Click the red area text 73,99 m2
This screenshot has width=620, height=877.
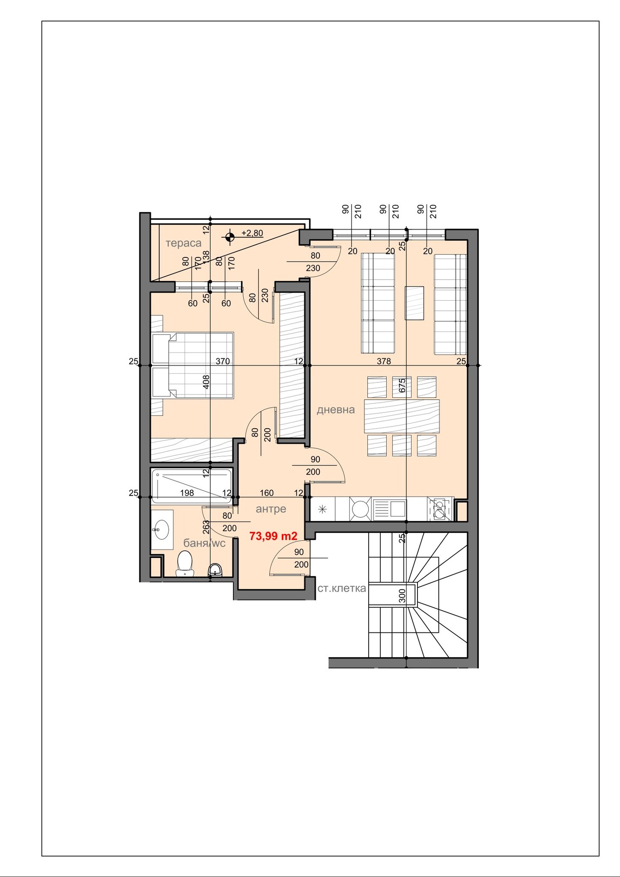(x=273, y=536)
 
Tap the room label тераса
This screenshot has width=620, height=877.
(x=183, y=243)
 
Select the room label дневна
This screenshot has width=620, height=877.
(x=336, y=410)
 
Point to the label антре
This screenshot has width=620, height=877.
(x=271, y=509)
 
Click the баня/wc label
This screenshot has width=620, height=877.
(x=204, y=543)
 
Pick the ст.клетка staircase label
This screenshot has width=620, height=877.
(x=342, y=588)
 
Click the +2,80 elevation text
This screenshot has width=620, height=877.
(x=252, y=233)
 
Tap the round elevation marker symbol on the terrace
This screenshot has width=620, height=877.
(x=230, y=236)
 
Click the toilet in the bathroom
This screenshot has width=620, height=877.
(x=185, y=564)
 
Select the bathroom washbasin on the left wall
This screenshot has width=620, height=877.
(x=162, y=530)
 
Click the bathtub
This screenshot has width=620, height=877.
(x=191, y=486)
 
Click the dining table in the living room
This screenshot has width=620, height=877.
(x=402, y=416)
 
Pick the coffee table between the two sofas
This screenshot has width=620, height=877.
(x=414, y=303)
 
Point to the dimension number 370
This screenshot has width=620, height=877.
(x=223, y=361)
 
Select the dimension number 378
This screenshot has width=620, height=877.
(x=384, y=361)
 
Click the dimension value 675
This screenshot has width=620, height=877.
(x=402, y=385)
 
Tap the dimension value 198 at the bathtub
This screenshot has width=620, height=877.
(x=187, y=493)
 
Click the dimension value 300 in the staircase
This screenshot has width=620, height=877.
(x=402, y=596)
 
